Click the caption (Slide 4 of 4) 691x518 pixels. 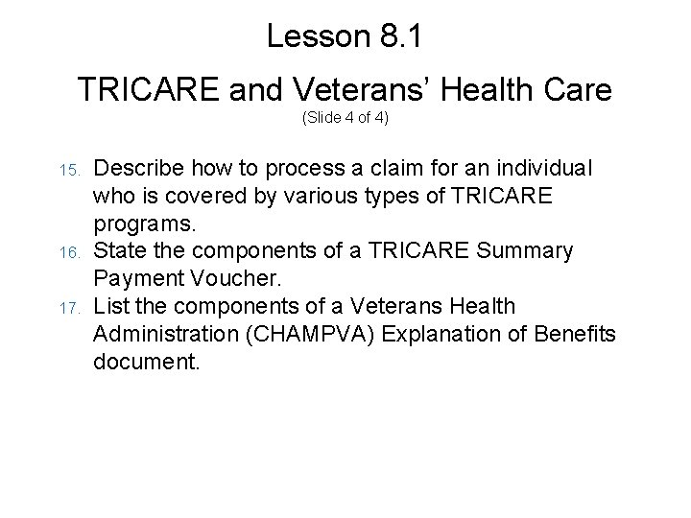[x=345, y=119]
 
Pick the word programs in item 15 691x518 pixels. [x=144, y=223]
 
